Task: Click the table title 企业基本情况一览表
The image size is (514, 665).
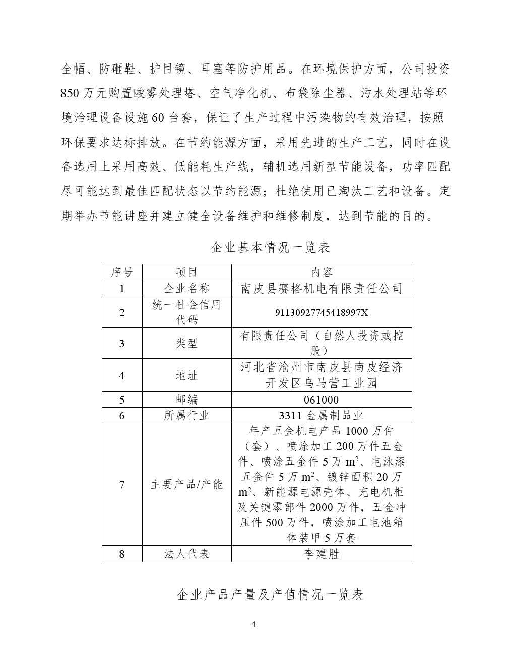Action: [x=270, y=247]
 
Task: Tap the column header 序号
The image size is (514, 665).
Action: [x=122, y=272]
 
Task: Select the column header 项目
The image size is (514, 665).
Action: [x=186, y=272]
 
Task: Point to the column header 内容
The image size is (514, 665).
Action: [x=322, y=272]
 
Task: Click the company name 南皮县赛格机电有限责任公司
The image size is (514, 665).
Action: [x=322, y=288]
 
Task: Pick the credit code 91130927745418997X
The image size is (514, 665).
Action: [x=322, y=313]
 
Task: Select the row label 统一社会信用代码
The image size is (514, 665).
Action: [x=186, y=312]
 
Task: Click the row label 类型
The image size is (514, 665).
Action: [x=186, y=343]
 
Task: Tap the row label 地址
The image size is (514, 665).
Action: [x=186, y=375]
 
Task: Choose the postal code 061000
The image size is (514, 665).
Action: [x=322, y=400]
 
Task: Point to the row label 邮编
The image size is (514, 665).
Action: [x=186, y=400]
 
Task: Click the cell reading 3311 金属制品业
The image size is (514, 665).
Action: [x=322, y=416]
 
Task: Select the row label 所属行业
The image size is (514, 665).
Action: [x=186, y=416]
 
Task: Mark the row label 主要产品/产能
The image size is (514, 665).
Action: [x=186, y=485]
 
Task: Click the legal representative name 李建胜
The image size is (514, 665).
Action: [x=322, y=554]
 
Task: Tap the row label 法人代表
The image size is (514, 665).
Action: [x=186, y=554]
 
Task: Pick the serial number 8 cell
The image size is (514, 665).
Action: [x=122, y=554]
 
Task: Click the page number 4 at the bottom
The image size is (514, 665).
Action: [x=253, y=625]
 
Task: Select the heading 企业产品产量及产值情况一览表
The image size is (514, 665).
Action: [x=271, y=595]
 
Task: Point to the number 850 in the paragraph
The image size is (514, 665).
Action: [x=70, y=93]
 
